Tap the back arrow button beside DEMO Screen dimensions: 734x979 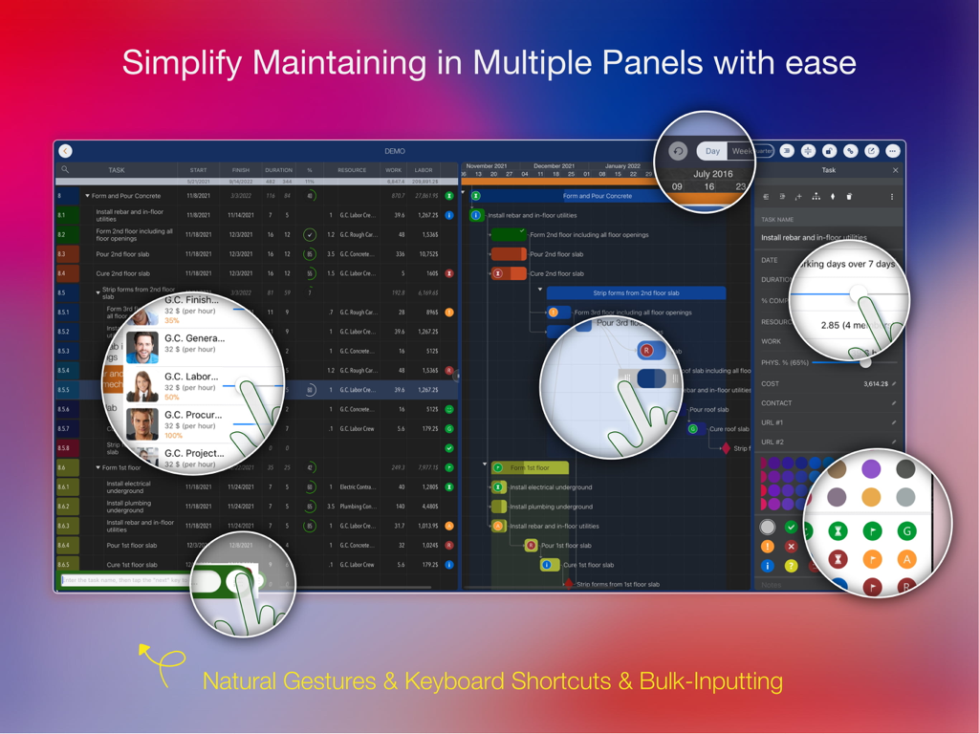65,151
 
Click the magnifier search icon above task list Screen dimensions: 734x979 65,170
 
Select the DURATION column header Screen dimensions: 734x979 278,170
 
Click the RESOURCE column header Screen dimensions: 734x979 351,170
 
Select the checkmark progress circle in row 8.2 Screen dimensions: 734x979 310,234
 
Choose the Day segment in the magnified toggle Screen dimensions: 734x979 712,151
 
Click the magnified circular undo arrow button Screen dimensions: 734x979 678,151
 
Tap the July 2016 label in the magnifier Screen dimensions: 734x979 713,174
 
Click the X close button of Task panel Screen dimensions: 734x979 895,170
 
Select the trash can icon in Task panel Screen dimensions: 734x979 849,197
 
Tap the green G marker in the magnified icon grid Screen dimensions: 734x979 906,531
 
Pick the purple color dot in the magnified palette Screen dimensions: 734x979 871,469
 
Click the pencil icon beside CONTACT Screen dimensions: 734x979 894,403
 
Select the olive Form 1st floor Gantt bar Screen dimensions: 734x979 530,468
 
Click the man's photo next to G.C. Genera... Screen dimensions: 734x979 142,346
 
